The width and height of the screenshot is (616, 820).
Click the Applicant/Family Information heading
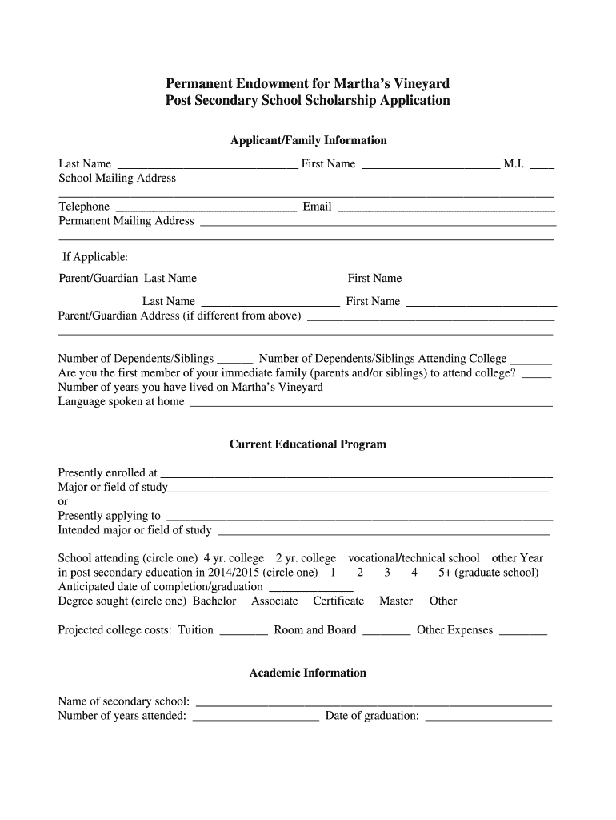click(x=308, y=140)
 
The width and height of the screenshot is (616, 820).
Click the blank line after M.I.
click(x=542, y=166)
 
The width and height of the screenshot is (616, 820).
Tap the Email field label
click(x=317, y=207)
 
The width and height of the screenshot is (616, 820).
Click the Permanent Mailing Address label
click(x=126, y=221)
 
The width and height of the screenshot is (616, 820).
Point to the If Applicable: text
click(x=95, y=257)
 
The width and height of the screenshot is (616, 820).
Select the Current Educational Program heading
click(x=308, y=444)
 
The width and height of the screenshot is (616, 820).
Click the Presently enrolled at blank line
click(x=357, y=475)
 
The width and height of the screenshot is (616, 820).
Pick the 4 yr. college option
click(x=234, y=558)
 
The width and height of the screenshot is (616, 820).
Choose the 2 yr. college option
click(x=306, y=558)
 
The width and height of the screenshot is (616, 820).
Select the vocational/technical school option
click(x=414, y=558)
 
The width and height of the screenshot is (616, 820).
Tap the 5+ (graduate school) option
click(x=488, y=573)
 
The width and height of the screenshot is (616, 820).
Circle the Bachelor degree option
click(x=214, y=601)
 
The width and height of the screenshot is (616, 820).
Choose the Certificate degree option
click(x=338, y=601)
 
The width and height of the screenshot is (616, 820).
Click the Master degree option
click(x=396, y=601)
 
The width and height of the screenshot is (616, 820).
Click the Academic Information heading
click(x=308, y=673)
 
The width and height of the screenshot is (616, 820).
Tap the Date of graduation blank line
click(x=488, y=718)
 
